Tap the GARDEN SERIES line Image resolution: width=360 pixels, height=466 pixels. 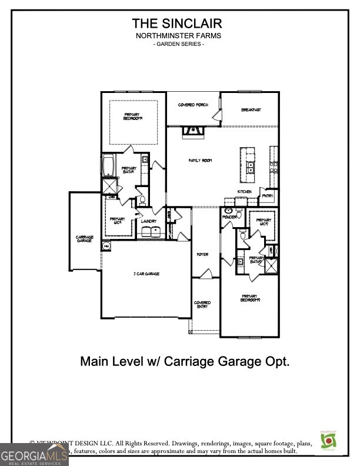(x=178, y=45)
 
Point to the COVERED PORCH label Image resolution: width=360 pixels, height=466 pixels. (x=194, y=105)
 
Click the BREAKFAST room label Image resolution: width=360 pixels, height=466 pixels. (x=251, y=110)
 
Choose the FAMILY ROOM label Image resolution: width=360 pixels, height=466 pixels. (x=200, y=160)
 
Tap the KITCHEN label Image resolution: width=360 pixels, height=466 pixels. (x=245, y=192)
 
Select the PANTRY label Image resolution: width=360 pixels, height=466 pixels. (x=268, y=196)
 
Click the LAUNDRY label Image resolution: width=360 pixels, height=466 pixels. (x=149, y=221)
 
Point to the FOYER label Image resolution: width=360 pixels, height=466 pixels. (x=202, y=254)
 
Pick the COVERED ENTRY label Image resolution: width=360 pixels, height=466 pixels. (x=202, y=305)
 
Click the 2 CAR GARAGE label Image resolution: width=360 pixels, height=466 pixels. (x=146, y=274)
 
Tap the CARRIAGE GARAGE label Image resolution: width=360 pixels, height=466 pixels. (x=84, y=239)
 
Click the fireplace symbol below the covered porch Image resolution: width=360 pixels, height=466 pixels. (x=193, y=131)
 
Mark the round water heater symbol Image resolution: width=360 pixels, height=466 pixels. (x=106, y=246)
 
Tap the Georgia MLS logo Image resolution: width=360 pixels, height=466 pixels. (x=34, y=454)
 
